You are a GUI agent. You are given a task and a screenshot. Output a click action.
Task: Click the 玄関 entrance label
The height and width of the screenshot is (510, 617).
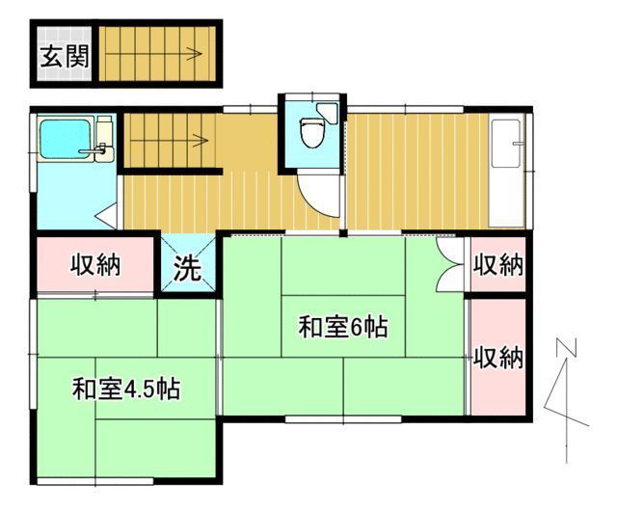pos(65,55)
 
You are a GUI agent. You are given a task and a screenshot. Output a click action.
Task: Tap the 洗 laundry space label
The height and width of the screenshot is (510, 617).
pos(187,267)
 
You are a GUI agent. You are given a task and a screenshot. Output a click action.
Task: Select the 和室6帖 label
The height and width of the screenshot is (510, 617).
pos(342,328)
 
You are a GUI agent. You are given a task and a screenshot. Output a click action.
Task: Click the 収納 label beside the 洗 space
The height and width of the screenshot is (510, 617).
pos(96,264)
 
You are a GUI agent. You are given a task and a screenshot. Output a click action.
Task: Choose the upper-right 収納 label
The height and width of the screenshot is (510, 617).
pos(497,265)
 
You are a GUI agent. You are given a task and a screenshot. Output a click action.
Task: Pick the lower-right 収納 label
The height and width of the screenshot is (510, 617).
pos(497,358)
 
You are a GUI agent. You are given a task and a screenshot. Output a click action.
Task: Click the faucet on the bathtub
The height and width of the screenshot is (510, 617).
pos(99,149)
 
